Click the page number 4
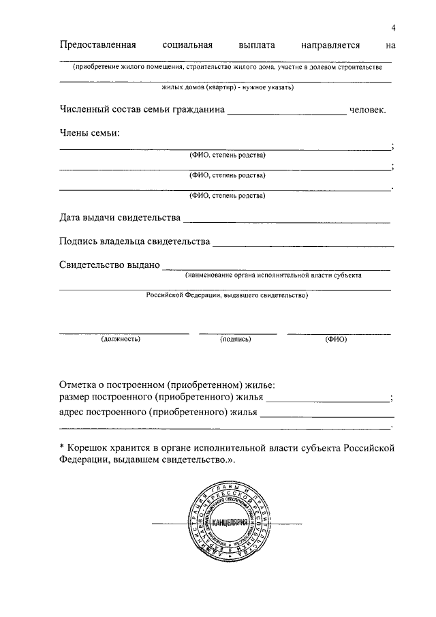point(393,27)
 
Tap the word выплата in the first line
point(257,46)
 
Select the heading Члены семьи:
point(89,132)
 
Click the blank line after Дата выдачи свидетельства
point(287,221)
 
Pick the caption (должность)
point(121,339)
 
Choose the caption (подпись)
point(236,339)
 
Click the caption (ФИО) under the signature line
point(336,339)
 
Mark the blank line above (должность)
point(124,333)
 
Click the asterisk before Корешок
point(62,447)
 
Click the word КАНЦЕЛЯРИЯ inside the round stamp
point(229,522)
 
